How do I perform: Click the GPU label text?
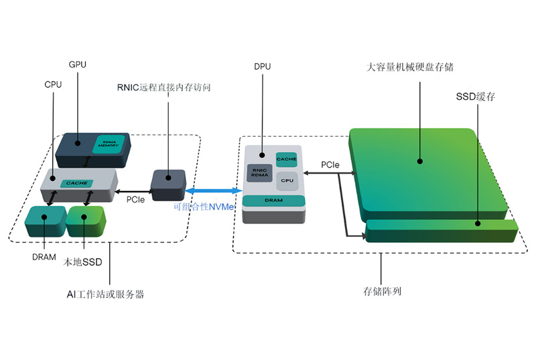[x=78, y=65]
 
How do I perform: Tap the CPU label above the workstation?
[x=53, y=85]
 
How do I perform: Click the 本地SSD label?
[x=83, y=262]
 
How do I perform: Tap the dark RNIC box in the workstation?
[x=168, y=184]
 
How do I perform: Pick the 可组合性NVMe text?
[x=203, y=207]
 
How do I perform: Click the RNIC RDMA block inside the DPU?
[x=259, y=174]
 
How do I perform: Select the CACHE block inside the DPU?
[x=287, y=160]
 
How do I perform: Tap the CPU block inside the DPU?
[x=287, y=180]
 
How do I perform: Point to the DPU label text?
[x=263, y=67]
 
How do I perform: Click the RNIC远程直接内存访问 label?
[x=163, y=87]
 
